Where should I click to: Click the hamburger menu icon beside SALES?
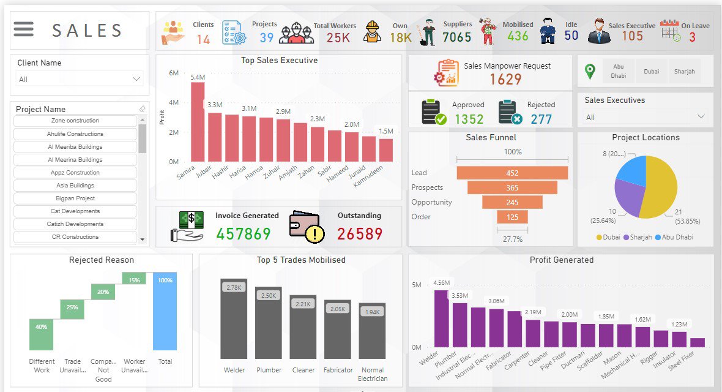[x=24, y=29]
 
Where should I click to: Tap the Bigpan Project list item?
[x=75, y=198]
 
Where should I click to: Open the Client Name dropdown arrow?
[x=136, y=79]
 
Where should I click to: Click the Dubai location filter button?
[x=651, y=72]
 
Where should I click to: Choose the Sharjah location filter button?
[x=684, y=72]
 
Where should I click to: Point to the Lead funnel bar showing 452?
[x=512, y=173]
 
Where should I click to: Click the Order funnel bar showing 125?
[x=512, y=217]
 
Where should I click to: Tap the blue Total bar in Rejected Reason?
[x=165, y=311]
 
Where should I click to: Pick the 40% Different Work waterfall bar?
[x=41, y=334]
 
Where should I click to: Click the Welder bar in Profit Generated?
[x=441, y=318]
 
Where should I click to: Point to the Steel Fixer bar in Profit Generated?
[x=697, y=342]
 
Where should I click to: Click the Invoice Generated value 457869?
[x=243, y=234]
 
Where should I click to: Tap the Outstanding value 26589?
[x=360, y=234]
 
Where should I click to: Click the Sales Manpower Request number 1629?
[x=505, y=79]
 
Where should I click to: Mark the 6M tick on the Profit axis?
[x=173, y=73]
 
